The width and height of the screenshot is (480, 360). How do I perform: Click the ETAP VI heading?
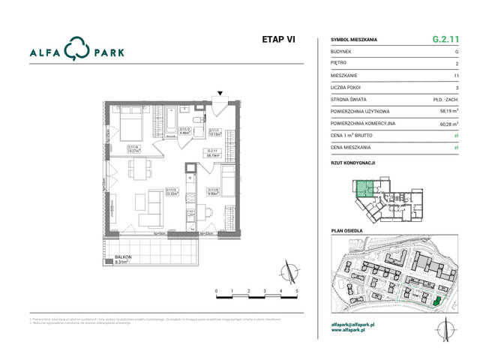[x=277, y=40]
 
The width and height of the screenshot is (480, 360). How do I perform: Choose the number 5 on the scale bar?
[x=297, y=289]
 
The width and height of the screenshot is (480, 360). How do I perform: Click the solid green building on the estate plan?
[x=436, y=302]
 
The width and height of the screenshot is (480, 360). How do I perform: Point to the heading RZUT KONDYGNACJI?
[x=352, y=161]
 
